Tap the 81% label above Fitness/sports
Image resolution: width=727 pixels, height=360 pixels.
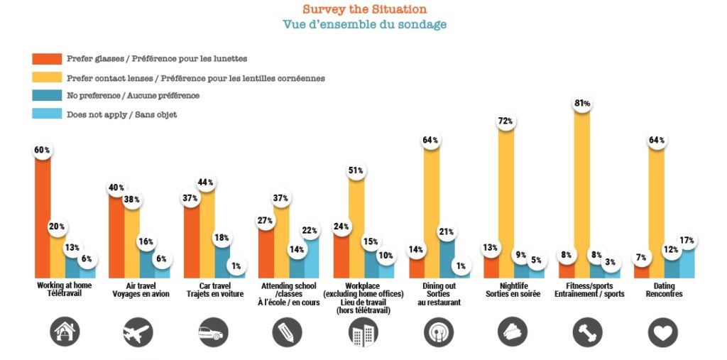point(582,104)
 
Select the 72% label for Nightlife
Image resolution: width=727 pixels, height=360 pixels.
point(506,121)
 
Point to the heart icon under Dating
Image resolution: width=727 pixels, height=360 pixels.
point(663,332)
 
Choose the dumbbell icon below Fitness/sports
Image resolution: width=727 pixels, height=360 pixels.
point(587,332)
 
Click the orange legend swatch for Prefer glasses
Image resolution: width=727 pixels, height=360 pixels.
point(46,59)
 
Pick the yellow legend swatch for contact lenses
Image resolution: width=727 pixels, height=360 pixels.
point(46,77)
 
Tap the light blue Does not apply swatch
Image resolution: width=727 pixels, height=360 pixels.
point(46,114)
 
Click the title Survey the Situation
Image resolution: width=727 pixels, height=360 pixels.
point(364,9)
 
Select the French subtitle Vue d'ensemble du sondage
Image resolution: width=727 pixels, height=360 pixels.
point(364,25)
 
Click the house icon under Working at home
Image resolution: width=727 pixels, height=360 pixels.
point(65,331)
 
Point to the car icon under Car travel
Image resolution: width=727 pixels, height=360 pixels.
point(212,332)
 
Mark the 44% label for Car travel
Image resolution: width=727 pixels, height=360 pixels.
point(207,182)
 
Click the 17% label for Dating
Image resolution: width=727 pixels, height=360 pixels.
point(686,240)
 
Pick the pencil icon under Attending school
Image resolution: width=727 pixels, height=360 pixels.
point(287,332)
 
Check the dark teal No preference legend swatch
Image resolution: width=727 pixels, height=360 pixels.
point(46,96)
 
